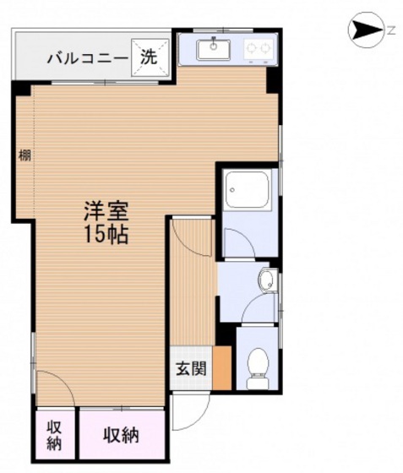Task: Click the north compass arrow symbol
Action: pyautogui.click(x=366, y=30)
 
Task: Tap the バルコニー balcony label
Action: pyautogui.click(x=88, y=57)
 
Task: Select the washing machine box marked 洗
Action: pyautogui.click(x=150, y=57)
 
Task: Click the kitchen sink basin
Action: pyautogui.click(x=214, y=50)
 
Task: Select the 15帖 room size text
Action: pyautogui.click(x=106, y=234)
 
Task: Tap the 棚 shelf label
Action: pyautogui.click(x=25, y=155)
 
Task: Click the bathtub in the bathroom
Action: pyautogui.click(x=248, y=189)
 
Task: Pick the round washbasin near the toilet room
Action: pyautogui.click(x=266, y=279)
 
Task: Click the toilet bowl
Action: pyautogui.click(x=258, y=367)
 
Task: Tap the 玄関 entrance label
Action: pyautogui.click(x=191, y=368)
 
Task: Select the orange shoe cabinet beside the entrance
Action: pyautogui.click(x=222, y=367)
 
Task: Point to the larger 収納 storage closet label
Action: pyautogui.click(x=122, y=435)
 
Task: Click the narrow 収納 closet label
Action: pyautogui.click(x=55, y=435)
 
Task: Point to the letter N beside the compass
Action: pyautogui.click(x=391, y=30)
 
